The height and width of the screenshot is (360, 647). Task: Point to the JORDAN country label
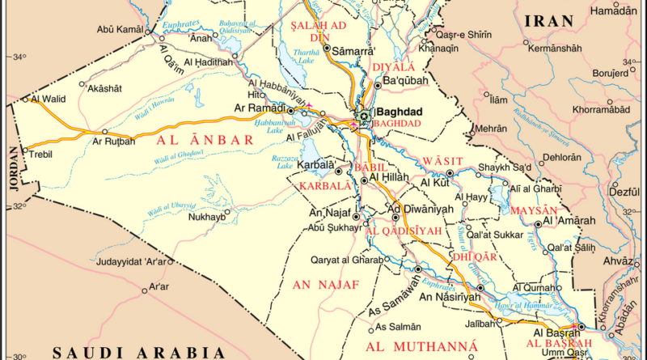tap(13, 168)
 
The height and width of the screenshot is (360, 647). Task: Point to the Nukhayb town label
tap(205, 217)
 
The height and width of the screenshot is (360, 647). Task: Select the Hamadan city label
tap(614, 11)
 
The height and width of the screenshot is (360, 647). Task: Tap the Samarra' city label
tap(353, 50)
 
